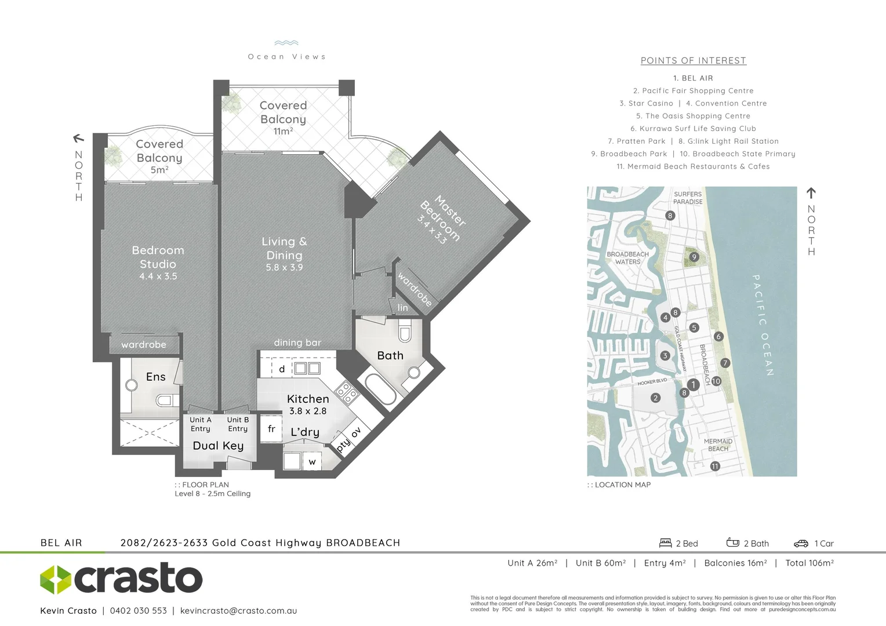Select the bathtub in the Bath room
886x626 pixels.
(380, 390)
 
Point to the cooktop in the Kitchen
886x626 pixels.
(348, 392)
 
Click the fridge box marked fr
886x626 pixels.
(271, 429)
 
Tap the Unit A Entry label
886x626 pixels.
(201, 424)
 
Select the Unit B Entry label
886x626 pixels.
(238, 424)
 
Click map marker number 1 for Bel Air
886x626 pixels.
(693, 384)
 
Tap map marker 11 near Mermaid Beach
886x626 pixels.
(715, 466)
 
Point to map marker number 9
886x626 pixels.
(694, 257)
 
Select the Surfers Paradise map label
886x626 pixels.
(688, 198)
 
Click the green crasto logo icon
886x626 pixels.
(56, 579)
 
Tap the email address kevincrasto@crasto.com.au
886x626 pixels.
(238, 610)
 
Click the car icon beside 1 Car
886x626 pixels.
(801, 543)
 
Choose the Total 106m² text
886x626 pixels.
(809, 563)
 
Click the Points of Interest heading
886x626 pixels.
(693, 60)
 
